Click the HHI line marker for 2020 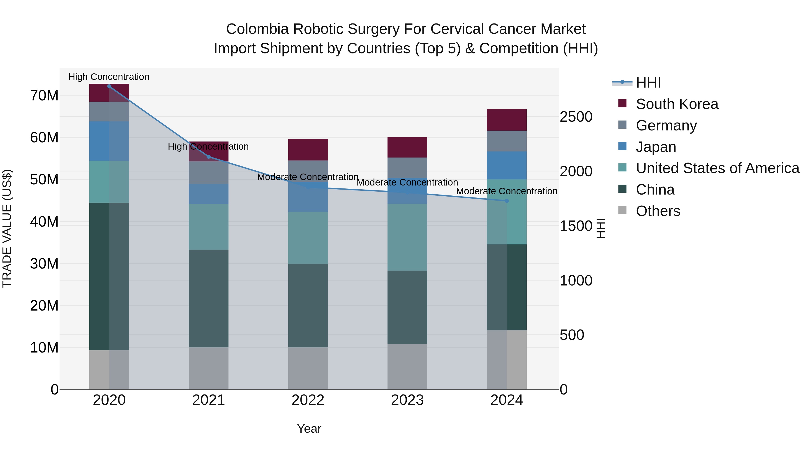tap(109, 86)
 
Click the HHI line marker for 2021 tap(208, 157)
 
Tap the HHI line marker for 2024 tap(507, 201)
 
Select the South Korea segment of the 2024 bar tap(507, 120)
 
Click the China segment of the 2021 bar tap(208, 298)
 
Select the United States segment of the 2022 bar tap(308, 238)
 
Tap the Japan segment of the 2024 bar tap(507, 165)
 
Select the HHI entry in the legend tap(648, 83)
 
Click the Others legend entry tap(658, 211)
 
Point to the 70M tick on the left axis tap(44, 95)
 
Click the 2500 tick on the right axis tap(576, 117)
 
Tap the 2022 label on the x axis tap(308, 400)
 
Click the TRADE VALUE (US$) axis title tap(7, 228)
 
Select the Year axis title tap(309, 429)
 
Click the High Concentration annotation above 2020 tap(109, 77)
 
